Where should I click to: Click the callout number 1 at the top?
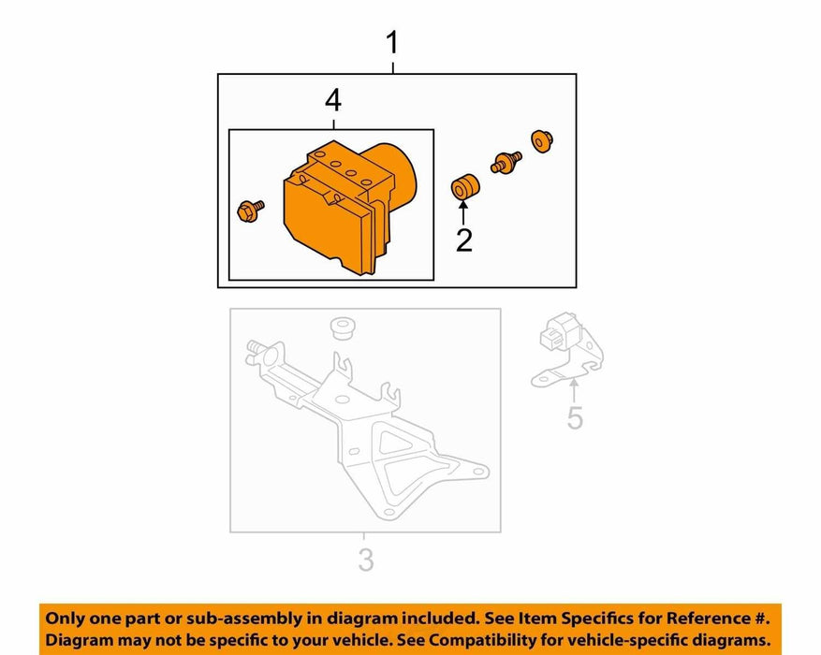(392, 43)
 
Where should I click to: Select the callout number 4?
(333, 101)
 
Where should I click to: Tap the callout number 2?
(464, 240)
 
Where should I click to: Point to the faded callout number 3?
(365, 560)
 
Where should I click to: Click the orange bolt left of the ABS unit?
(249, 211)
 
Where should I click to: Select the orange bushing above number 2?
(465, 187)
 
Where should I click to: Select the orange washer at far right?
(541, 141)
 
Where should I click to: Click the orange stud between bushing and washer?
(506, 163)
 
